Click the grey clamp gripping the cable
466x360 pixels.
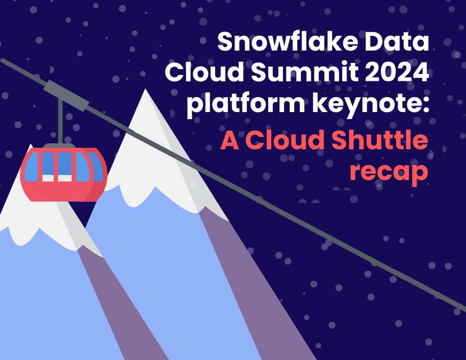[65, 95]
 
